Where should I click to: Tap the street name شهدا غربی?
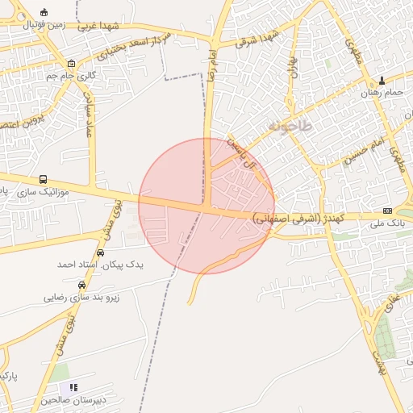[x=98, y=25]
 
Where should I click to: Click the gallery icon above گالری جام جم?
[x=72, y=64]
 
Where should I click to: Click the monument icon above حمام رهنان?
[x=382, y=80]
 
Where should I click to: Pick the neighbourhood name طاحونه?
[x=286, y=127]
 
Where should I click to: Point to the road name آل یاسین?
[x=245, y=154]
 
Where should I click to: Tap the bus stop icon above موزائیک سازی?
[x=42, y=180]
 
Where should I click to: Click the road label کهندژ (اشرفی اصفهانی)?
[x=298, y=218]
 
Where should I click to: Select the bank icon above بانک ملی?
[x=387, y=209]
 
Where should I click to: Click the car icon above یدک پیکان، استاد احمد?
[x=100, y=253]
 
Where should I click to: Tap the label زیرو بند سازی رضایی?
[x=81, y=298]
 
